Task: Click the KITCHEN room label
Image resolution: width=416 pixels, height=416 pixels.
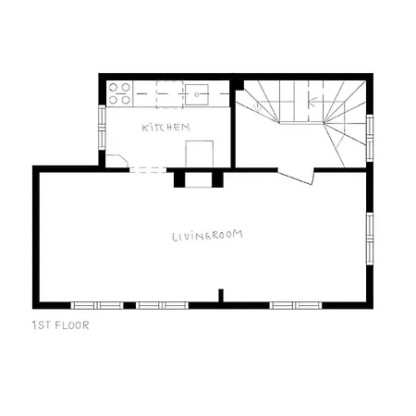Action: point(165,128)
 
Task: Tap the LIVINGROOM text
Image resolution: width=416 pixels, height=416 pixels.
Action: point(207,236)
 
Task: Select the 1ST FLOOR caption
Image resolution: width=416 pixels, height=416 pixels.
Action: point(61,325)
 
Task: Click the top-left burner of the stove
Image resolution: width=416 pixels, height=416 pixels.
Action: point(113,88)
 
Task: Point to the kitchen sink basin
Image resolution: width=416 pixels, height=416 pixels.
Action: point(197,94)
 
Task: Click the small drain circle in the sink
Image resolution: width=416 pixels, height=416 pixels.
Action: point(197,95)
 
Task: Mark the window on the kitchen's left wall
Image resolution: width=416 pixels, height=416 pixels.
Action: point(102,128)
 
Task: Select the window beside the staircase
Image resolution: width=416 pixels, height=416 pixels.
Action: point(370,138)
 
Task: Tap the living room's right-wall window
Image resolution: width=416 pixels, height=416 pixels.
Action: point(370,239)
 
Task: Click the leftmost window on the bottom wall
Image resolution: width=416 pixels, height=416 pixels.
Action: point(97,305)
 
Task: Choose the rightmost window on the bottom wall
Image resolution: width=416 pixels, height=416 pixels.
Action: point(296,305)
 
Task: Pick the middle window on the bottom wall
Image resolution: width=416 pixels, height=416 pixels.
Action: point(162,305)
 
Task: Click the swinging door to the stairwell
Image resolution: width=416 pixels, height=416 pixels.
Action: point(296,177)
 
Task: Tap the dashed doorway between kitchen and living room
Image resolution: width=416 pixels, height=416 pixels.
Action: point(148,170)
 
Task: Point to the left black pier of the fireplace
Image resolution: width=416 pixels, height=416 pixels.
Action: point(179,179)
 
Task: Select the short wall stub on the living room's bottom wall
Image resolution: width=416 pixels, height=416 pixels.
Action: point(221,296)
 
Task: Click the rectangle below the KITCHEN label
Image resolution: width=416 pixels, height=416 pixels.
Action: point(200,154)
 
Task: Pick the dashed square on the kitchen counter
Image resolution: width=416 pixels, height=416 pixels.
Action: point(169,94)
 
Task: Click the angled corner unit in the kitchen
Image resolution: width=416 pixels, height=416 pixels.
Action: point(116,161)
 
